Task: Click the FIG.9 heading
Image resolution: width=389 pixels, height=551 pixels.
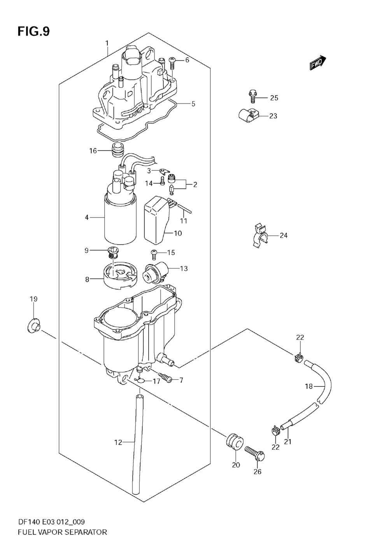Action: (x=33, y=32)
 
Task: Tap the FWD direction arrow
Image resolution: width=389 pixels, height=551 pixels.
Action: (x=317, y=63)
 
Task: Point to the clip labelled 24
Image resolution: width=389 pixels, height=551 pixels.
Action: (x=258, y=235)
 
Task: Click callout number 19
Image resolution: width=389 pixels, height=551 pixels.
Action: (x=33, y=299)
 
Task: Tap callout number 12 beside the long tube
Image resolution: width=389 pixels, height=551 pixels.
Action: (x=118, y=442)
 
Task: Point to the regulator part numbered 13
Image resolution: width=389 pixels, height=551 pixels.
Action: (x=154, y=271)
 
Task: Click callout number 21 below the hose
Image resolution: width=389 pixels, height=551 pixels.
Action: (x=288, y=441)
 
